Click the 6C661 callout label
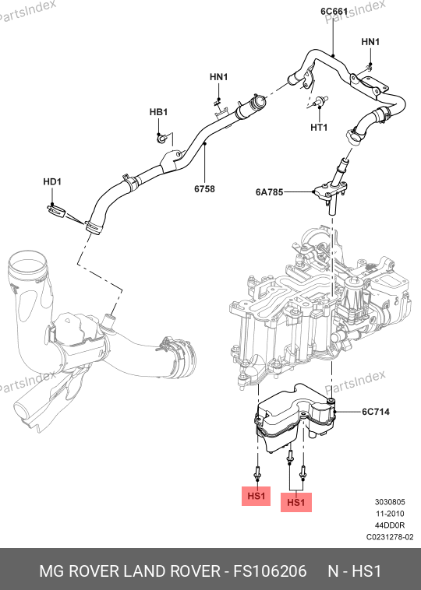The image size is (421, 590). [x=334, y=12]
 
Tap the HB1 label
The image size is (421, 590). [x=158, y=112]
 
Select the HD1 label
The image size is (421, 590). [x=52, y=181]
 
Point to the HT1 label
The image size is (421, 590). [x=319, y=128]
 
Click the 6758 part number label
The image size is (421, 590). [x=204, y=189]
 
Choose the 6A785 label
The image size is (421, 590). [x=269, y=192]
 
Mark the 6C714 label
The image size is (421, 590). [x=376, y=412]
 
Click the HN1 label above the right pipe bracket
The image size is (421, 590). [x=370, y=42]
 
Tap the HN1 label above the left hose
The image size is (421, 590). [x=218, y=77]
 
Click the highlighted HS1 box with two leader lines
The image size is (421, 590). [x=295, y=502]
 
